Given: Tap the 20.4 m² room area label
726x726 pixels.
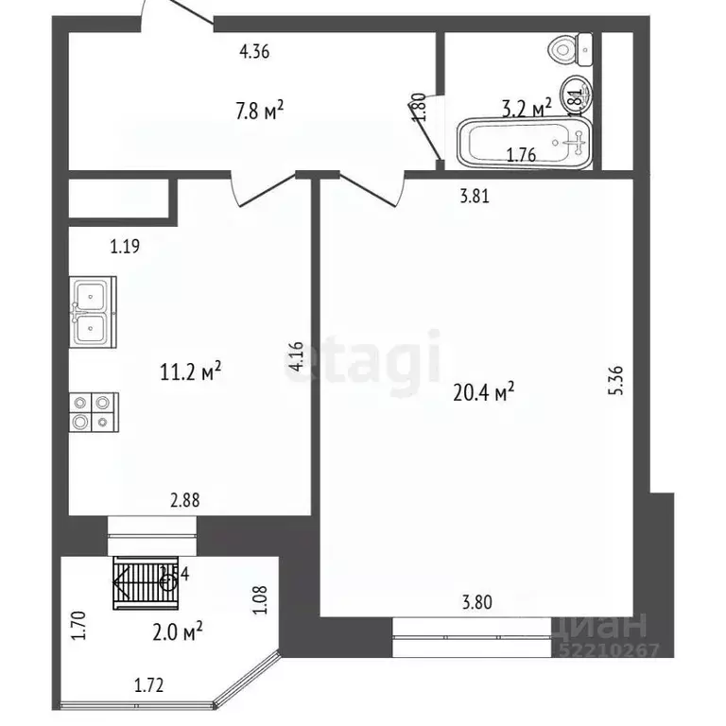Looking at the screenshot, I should (483, 390).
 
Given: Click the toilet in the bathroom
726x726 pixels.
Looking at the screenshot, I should (570, 45).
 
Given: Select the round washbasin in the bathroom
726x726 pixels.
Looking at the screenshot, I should (574, 93).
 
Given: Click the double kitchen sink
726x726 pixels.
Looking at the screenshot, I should (93, 312).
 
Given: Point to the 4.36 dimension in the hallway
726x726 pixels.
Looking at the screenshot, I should (255, 53).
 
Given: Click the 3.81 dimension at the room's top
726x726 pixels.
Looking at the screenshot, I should (475, 198).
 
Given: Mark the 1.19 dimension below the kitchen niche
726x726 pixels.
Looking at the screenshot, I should (125, 249).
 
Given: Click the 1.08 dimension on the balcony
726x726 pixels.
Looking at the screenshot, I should (262, 601).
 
